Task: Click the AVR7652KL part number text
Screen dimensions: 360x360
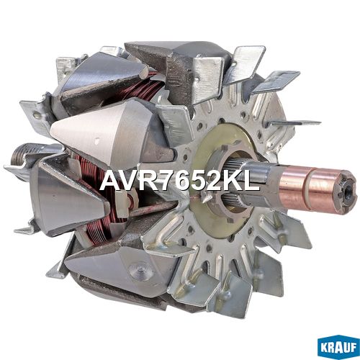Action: pos(180,181)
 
